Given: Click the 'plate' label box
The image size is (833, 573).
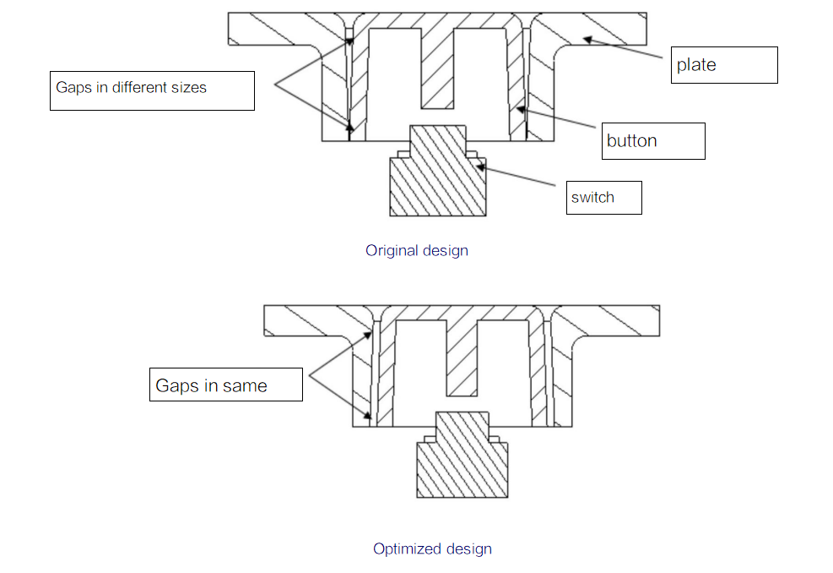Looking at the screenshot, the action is click(x=724, y=65).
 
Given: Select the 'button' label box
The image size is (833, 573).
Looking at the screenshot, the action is click(x=653, y=141).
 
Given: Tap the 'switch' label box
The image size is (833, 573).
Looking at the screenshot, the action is click(x=604, y=198).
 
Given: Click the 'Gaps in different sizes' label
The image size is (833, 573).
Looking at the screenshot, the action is click(x=152, y=91).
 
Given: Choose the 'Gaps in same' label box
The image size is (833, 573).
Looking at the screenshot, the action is click(x=226, y=385).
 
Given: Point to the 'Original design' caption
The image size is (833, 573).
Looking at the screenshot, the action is click(x=417, y=251).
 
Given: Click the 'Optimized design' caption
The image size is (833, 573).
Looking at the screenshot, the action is click(x=432, y=548).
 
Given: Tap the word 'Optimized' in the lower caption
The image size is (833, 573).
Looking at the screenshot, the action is click(x=408, y=548).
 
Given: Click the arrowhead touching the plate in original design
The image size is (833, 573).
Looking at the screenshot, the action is click(x=587, y=40).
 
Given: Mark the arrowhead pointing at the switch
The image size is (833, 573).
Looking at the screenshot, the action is click(x=481, y=167).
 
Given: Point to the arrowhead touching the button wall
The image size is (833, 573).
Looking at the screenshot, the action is click(x=521, y=110).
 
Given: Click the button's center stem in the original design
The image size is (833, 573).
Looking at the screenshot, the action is click(x=438, y=68).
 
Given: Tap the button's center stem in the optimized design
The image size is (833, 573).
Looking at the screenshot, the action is click(x=462, y=358).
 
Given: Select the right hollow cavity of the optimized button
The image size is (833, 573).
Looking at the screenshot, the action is click(x=504, y=373).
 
